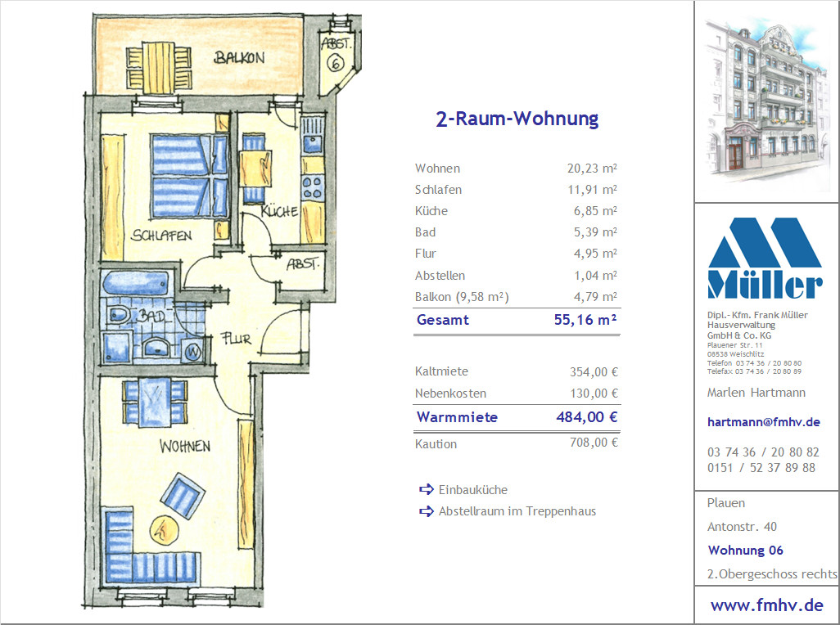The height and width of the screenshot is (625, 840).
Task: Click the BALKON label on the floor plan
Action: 239,57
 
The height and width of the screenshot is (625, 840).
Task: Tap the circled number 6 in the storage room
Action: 336,63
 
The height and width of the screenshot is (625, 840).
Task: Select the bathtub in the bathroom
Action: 136,283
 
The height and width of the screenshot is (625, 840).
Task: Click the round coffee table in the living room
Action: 164,530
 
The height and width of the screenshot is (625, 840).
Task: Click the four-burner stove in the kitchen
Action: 312,187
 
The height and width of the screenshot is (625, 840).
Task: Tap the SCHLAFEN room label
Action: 161,236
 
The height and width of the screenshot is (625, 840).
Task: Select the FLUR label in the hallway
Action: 236,339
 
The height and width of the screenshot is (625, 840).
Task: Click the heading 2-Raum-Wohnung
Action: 517,119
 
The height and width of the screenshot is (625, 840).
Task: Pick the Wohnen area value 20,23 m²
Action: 592,168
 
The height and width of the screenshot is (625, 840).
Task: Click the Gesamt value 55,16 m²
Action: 585,320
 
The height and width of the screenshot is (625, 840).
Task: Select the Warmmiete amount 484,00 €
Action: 587,417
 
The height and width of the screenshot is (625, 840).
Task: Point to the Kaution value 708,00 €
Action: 594,443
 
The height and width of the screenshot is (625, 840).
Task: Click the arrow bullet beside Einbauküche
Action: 427,489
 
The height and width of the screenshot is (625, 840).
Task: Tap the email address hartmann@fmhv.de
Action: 763,421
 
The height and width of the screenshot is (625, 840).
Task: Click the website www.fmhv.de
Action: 766,605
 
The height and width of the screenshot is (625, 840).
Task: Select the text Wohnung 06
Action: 745,550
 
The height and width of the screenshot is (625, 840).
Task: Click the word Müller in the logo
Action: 765,285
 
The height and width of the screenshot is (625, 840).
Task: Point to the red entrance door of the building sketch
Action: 735,153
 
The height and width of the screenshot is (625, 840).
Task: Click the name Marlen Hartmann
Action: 756,393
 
